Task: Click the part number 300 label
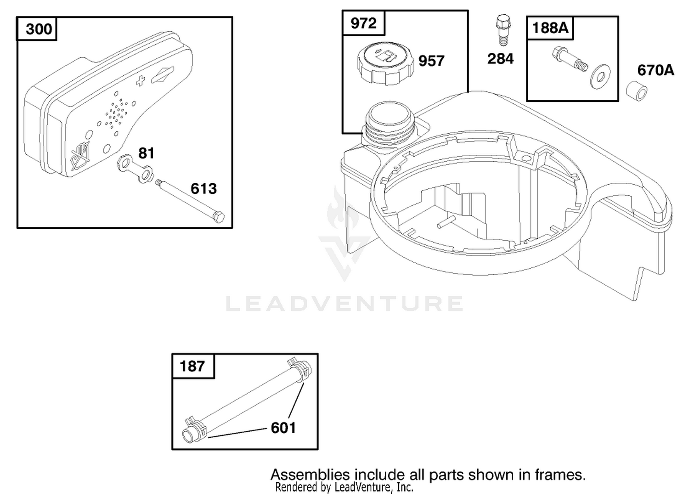tap(39, 29)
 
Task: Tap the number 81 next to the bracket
tap(146, 153)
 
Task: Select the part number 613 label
tap(203, 188)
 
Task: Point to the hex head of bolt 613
tap(218, 217)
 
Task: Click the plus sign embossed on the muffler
tap(141, 81)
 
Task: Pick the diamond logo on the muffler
tap(163, 74)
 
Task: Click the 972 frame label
tap(364, 23)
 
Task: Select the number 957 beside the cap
tap(432, 61)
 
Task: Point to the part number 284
tap(501, 59)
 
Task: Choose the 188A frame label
tap(550, 28)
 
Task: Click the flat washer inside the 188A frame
tap(600, 77)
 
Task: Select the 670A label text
tap(655, 70)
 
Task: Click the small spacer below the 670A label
tap(637, 91)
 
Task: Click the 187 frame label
tap(192, 366)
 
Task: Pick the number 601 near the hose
tap(283, 428)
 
